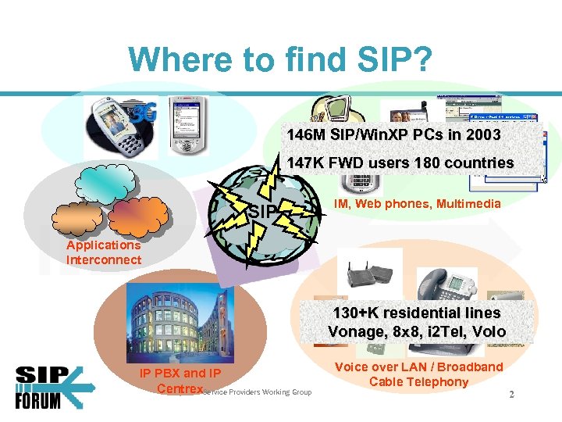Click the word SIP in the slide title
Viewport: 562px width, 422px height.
(394, 59)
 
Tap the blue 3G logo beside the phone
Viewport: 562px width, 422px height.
(144, 114)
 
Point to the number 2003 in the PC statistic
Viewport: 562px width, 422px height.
(478, 134)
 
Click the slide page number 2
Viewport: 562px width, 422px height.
(511, 395)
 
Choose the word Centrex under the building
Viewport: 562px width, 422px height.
(180, 388)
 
